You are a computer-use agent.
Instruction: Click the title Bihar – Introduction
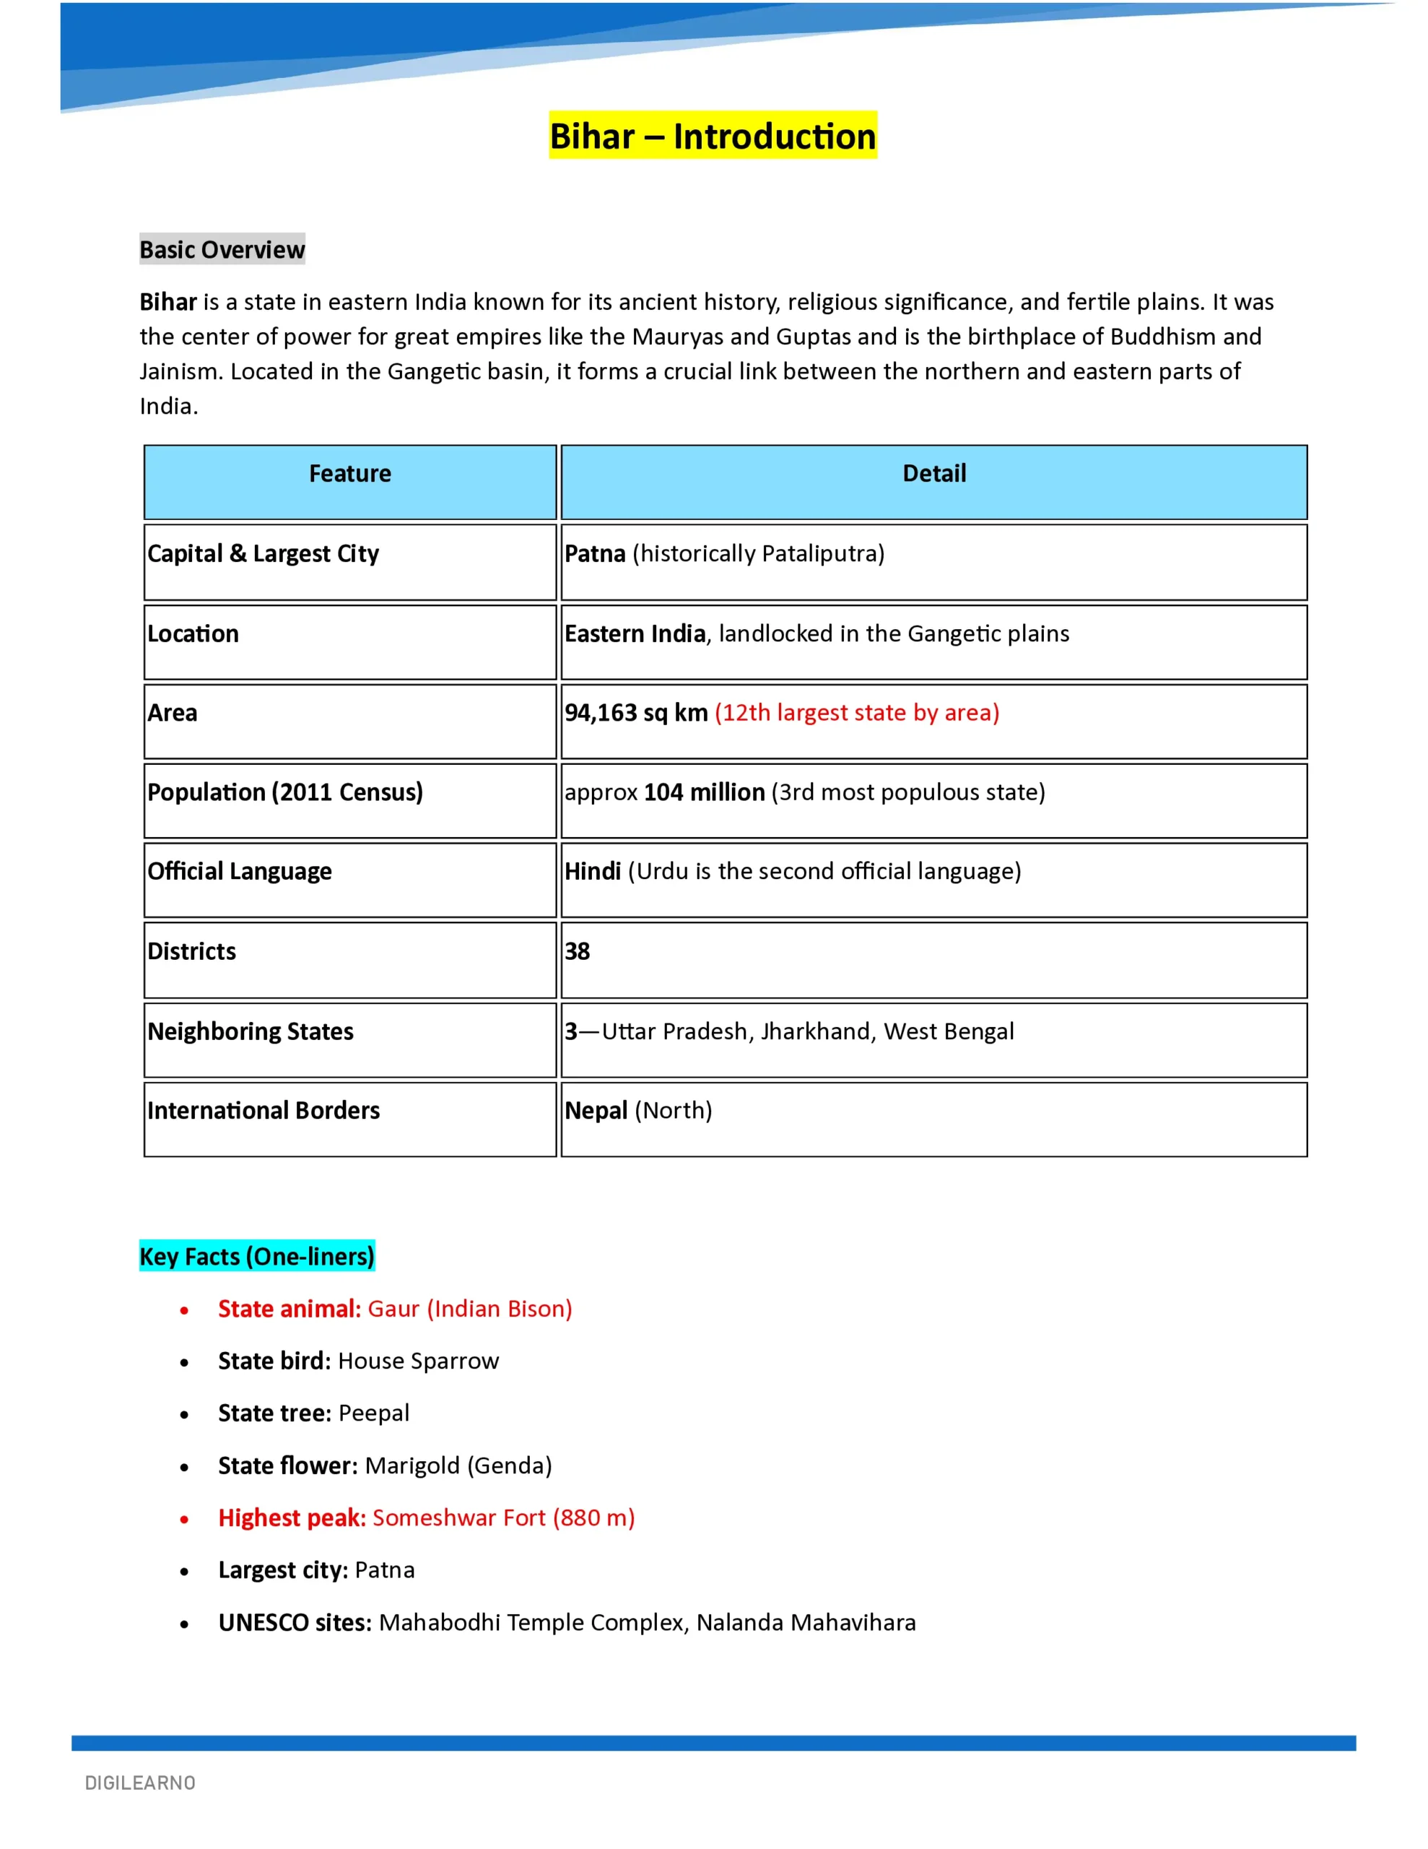click(713, 137)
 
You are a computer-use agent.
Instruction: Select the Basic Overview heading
click(222, 250)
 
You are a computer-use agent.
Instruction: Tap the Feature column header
click(349, 473)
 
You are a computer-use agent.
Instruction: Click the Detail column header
click(933, 473)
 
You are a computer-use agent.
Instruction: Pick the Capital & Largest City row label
click(264, 554)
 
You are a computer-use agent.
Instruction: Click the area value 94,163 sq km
click(636, 713)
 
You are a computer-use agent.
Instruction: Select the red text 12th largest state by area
click(857, 713)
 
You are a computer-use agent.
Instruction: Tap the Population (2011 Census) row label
click(285, 792)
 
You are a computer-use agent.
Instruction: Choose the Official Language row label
click(240, 871)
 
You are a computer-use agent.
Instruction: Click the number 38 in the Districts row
click(578, 952)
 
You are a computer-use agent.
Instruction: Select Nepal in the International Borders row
click(596, 1111)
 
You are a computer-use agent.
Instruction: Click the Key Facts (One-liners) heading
click(256, 1256)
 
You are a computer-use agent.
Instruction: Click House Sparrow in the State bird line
click(418, 1361)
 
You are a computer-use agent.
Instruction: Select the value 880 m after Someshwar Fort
click(593, 1518)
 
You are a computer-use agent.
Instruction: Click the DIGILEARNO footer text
click(141, 1783)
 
